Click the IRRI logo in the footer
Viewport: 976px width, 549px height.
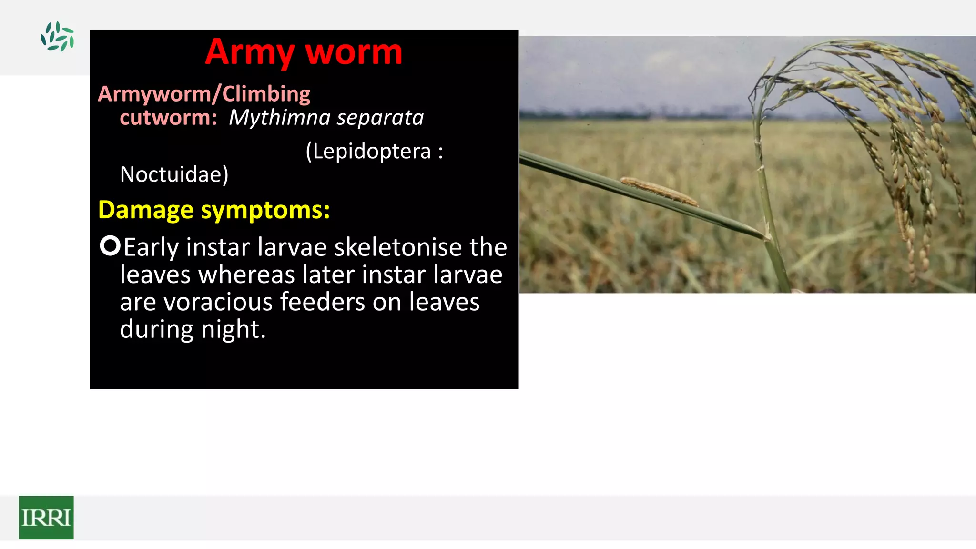click(x=46, y=518)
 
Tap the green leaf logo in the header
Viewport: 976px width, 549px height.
click(x=57, y=36)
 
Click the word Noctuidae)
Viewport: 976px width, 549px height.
click(x=174, y=174)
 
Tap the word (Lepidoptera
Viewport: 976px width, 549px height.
click(x=368, y=151)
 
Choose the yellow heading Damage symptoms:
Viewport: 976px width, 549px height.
click(x=214, y=210)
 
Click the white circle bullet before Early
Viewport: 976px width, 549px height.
click(x=110, y=246)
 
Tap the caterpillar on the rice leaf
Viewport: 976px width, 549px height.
click(x=658, y=190)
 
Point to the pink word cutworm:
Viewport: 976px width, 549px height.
click(x=168, y=118)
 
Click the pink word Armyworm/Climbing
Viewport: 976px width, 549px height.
click(x=204, y=94)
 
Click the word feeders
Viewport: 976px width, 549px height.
click(x=323, y=302)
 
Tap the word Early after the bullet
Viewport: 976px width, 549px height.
click(x=151, y=247)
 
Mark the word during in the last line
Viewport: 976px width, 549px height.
click(x=157, y=329)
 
